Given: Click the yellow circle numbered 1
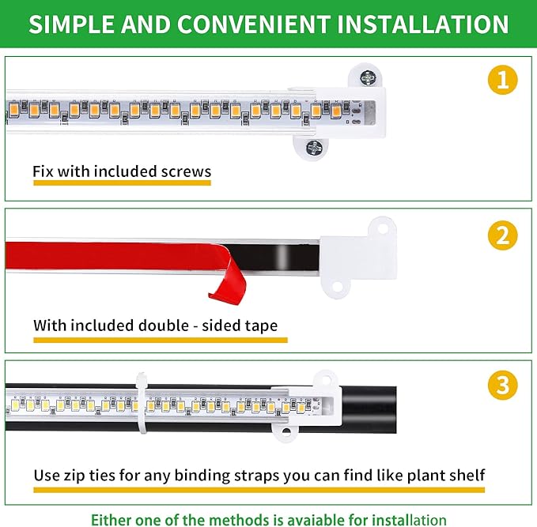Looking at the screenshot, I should click(502, 79).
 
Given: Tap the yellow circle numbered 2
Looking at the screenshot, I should click(502, 235).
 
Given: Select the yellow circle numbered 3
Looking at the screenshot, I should click(502, 386).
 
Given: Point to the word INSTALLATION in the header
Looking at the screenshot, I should click(423, 24).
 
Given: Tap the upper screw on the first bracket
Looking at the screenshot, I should click(367, 77).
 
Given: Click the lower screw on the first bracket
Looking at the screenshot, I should click(314, 147).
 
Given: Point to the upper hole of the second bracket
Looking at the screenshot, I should click(383, 228).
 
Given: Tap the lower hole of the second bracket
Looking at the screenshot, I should click(338, 285).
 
